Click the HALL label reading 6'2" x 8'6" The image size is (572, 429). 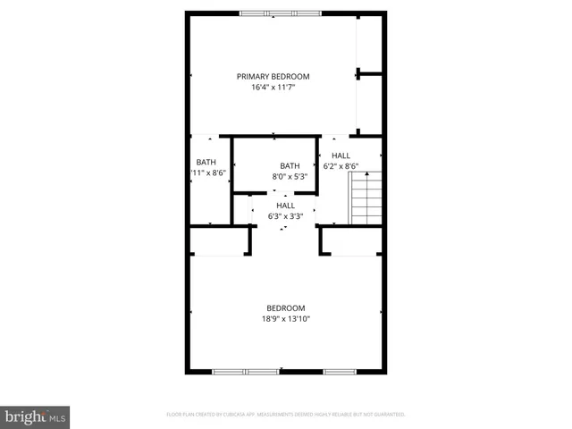[x=341, y=155]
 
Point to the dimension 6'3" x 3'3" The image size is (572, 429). [x=285, y=216]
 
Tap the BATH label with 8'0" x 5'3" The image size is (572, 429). [x=290, y=165]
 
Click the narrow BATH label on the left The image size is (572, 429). [x=206, y=162]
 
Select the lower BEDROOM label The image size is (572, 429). [x=285, y=307]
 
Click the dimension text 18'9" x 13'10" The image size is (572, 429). [x=285, y=319]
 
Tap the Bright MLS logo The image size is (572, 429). [x=36, y=416]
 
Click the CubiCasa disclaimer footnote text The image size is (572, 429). [x=286, y=415]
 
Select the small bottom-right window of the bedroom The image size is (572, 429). [x=340, y=371]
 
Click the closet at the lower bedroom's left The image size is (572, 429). [x=218, y=240]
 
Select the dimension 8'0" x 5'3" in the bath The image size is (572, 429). [x=290, y=177]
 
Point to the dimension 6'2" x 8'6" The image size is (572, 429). [x=341, y=166]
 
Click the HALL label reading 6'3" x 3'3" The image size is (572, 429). [x=285, y=206]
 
